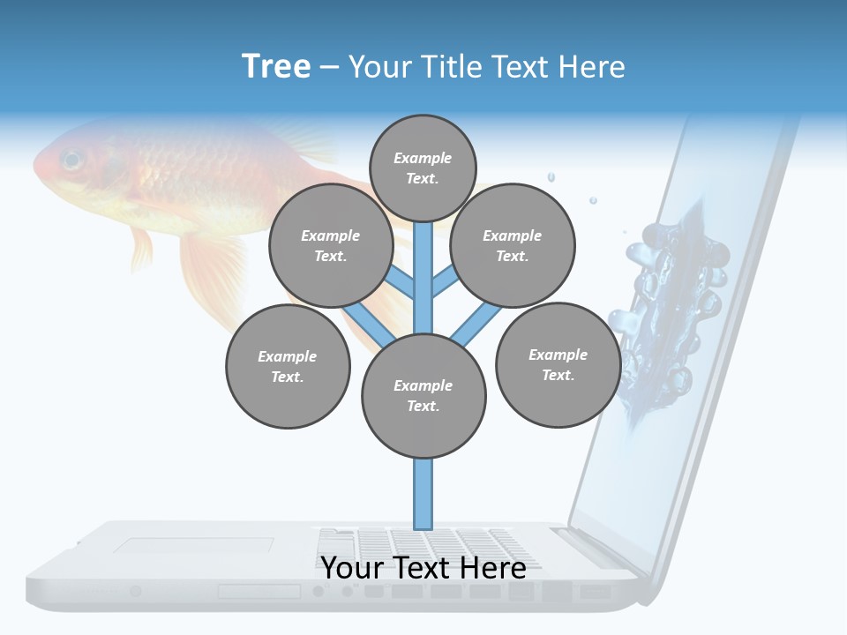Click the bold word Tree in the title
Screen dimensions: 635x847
[276, 67]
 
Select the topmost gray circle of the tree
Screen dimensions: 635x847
[423, 168]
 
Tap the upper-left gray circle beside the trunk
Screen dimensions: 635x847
[331, 245]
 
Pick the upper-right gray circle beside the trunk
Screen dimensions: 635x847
[513, 245]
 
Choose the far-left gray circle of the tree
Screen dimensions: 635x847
[288, 366]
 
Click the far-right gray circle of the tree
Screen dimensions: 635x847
[558, 364]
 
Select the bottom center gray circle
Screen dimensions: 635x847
[423, 396]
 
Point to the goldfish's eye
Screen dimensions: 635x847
[71, 161]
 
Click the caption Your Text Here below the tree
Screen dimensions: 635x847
[423, 568]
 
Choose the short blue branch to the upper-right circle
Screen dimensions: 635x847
[445, 282]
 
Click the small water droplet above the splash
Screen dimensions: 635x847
[551, 177]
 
